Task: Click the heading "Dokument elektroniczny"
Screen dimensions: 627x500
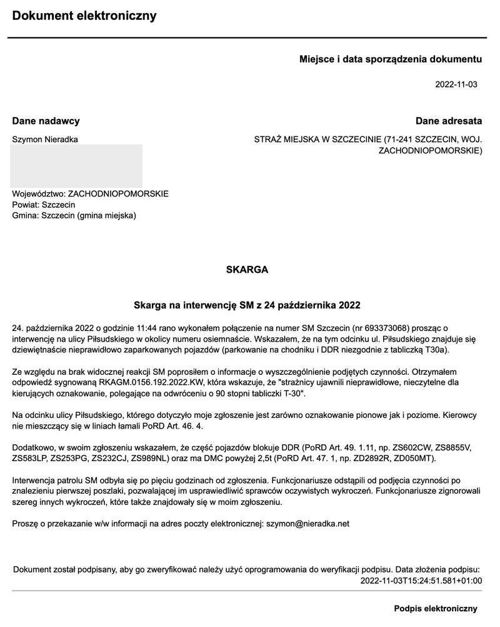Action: (x=84, y=16)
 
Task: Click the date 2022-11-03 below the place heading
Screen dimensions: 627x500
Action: (x=456, y=84)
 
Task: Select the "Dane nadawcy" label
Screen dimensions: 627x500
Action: (x=46, y=121)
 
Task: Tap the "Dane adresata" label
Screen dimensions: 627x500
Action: (x=449, y=121)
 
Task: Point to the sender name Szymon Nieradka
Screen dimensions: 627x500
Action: (x=45, y=139)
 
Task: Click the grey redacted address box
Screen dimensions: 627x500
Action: (x=77, y=165)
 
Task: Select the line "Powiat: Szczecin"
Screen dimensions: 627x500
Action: (x=44, y=205)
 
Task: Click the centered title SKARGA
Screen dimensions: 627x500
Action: (x=247, y=270)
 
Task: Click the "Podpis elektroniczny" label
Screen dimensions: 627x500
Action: (x=436, y=608)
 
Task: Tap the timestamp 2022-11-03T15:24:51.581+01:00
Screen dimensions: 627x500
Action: (x=421, y=580)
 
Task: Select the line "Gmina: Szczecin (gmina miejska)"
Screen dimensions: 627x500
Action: (x=74, y=215)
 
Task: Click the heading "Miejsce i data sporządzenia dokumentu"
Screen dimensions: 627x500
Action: (x=391, y=59)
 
